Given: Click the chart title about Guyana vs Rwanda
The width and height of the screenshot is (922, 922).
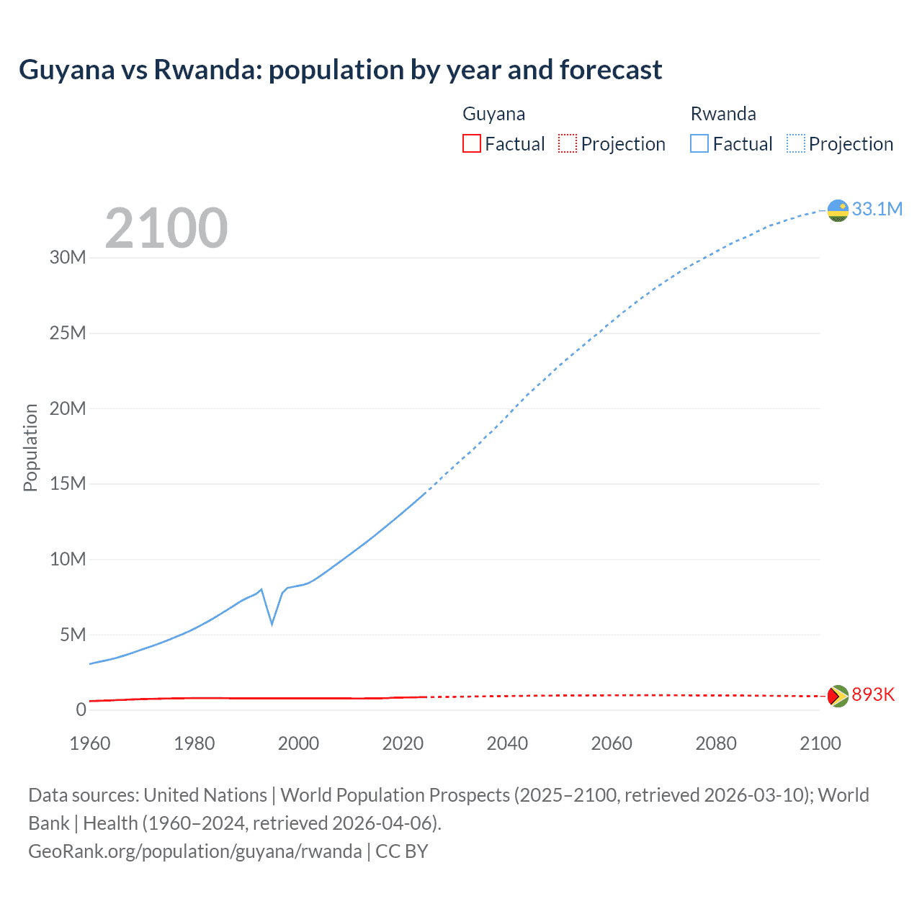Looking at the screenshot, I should [x=340, y=70].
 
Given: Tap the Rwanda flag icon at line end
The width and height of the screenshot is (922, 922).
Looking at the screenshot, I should [x=838, y=210].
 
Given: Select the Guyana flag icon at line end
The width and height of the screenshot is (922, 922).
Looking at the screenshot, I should [x=838, y=696].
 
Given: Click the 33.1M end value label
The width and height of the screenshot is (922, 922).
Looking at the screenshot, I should [x=877, y=209].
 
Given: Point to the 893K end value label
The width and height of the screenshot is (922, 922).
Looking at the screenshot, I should [x=873, y=694].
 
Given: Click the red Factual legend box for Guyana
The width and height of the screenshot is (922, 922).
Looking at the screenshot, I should [x=472, y=144].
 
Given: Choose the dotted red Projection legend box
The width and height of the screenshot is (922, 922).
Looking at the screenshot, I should [x=568, y=144].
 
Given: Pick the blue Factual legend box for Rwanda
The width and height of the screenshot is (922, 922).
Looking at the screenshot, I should [x=699, y=144].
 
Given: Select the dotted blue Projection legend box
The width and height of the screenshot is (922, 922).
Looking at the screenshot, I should [x=796, y=144].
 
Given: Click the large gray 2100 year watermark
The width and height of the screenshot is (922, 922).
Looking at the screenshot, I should [x=166, y=228].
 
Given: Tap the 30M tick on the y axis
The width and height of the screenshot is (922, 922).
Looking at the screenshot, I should [x=68, y=258].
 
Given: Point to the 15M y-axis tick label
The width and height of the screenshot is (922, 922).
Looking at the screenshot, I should [x=68, y=483].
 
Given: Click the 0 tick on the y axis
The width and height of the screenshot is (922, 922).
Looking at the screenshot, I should [x=81, y=710].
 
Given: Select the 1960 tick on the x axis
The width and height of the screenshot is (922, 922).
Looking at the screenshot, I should [x=90, y=743].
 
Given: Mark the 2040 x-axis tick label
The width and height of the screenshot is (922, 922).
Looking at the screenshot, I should [x=507, y=743].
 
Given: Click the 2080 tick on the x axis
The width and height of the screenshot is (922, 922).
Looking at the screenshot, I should [x=716, y=743].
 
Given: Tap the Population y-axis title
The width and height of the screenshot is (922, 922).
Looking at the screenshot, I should [x=30, y=447].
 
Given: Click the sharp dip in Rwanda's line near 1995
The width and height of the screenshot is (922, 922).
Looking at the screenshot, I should [x=272, y=623].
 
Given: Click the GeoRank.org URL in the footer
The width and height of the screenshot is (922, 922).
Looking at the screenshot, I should [x=195, y=851].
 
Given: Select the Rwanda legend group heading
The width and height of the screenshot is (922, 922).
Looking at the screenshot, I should [x=723, y=114].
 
